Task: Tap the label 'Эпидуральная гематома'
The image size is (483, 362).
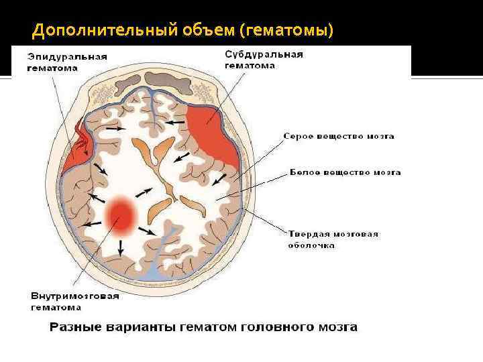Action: click(x=68, y=62)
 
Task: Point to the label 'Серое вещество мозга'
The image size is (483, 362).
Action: click(x=339, y=136)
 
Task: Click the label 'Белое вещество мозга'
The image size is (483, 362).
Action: click(x=345, y=172)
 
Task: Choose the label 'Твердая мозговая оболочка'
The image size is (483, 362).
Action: click(x=333, y=239)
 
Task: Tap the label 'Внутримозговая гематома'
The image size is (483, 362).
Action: click(x=74, y=301)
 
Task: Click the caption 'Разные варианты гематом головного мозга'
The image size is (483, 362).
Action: click(x=203, y=328)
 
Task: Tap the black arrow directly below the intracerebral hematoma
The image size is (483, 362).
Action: click(x=121, y=247)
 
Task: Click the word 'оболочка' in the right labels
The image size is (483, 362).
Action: click(x=312, y=245)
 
